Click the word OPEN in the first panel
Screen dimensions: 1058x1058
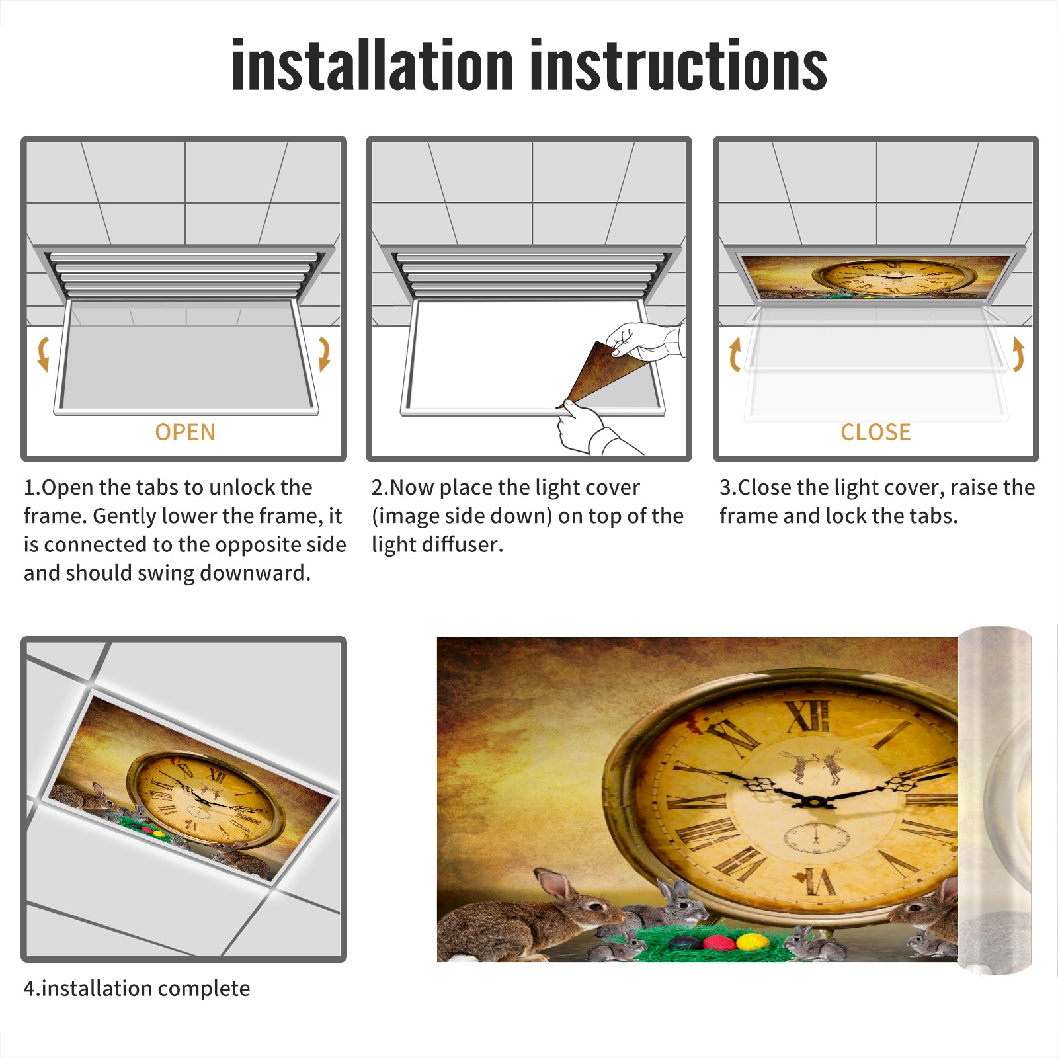pos(185,432)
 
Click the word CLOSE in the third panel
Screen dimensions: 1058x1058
pos(875,432)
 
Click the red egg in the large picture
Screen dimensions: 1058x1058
pos(717,940)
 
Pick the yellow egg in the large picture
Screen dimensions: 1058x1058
pos(752,940)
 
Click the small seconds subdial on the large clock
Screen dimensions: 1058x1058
pos(816,838)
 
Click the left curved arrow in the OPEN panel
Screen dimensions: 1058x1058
pos(44,354)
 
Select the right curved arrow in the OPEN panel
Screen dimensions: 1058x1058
pos(324,354)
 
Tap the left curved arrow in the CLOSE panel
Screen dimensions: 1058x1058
pos(734,354)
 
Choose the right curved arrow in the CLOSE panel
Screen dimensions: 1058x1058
pos(1018,354)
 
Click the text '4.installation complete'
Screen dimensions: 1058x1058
pos(137,989)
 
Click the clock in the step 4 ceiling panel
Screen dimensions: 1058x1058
pos(206,797)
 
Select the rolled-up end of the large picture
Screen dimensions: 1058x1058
pos(995,800)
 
